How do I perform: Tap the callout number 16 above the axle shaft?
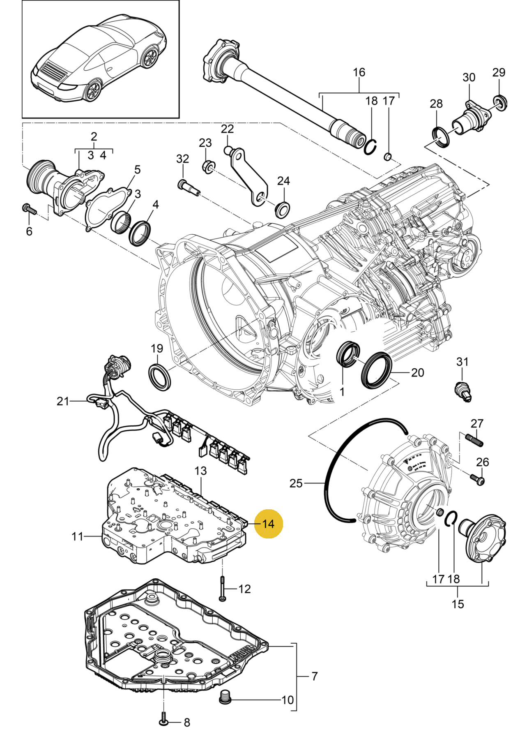click(x=359, y=72)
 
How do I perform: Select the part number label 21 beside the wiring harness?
click(x=63, y=401)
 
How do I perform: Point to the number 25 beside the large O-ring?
click(x=296, y=483)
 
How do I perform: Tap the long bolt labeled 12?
click(x=222, y=589)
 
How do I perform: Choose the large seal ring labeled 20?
click(x=377, y=369)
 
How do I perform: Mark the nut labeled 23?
click(x=208, y=166)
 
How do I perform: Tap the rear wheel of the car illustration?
click(x=92, y=90)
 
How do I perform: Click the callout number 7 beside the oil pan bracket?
click(x=314, y=676)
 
